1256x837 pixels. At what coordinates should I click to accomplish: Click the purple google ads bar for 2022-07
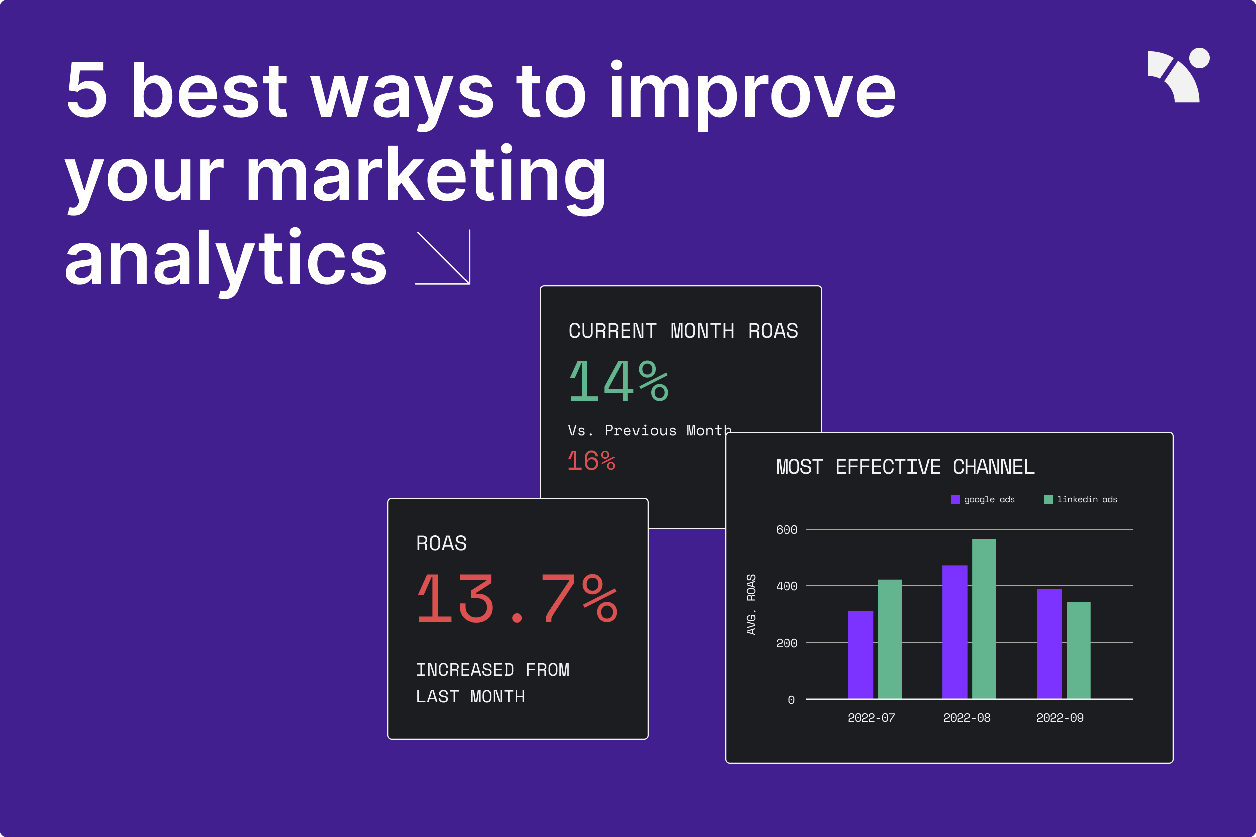click(860, 655)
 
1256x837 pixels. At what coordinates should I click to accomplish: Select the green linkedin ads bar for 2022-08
click(984, 619)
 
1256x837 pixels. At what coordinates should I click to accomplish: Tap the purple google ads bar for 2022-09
click(1049, 644)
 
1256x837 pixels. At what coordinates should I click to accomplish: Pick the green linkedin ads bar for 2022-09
click(1078, 650)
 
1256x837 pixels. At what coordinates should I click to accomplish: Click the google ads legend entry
click(982, 499)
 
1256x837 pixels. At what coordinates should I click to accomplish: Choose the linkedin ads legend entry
click(1081, 499)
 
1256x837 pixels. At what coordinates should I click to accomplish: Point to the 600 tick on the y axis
click(786, 530)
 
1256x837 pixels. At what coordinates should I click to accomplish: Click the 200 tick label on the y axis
click(786, 643)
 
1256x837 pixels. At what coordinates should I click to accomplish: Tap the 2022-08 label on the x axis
click(966, 718)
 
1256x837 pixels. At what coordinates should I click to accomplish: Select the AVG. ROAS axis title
click(751, 604)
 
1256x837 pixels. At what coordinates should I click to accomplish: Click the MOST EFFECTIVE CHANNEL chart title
click(905, 467)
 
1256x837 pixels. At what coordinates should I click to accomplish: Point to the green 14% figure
click(619, 381)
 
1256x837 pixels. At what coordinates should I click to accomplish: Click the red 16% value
click(591, 461)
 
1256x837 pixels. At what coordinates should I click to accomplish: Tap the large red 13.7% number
click(517, 599)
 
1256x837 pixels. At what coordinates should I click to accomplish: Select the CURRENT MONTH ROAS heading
click(683, 331)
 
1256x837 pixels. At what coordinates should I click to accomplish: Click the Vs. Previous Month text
click(650, 430)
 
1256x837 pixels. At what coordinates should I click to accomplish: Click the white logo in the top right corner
click(1179, 75)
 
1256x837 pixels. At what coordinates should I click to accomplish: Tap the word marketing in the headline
click(426, 177)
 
